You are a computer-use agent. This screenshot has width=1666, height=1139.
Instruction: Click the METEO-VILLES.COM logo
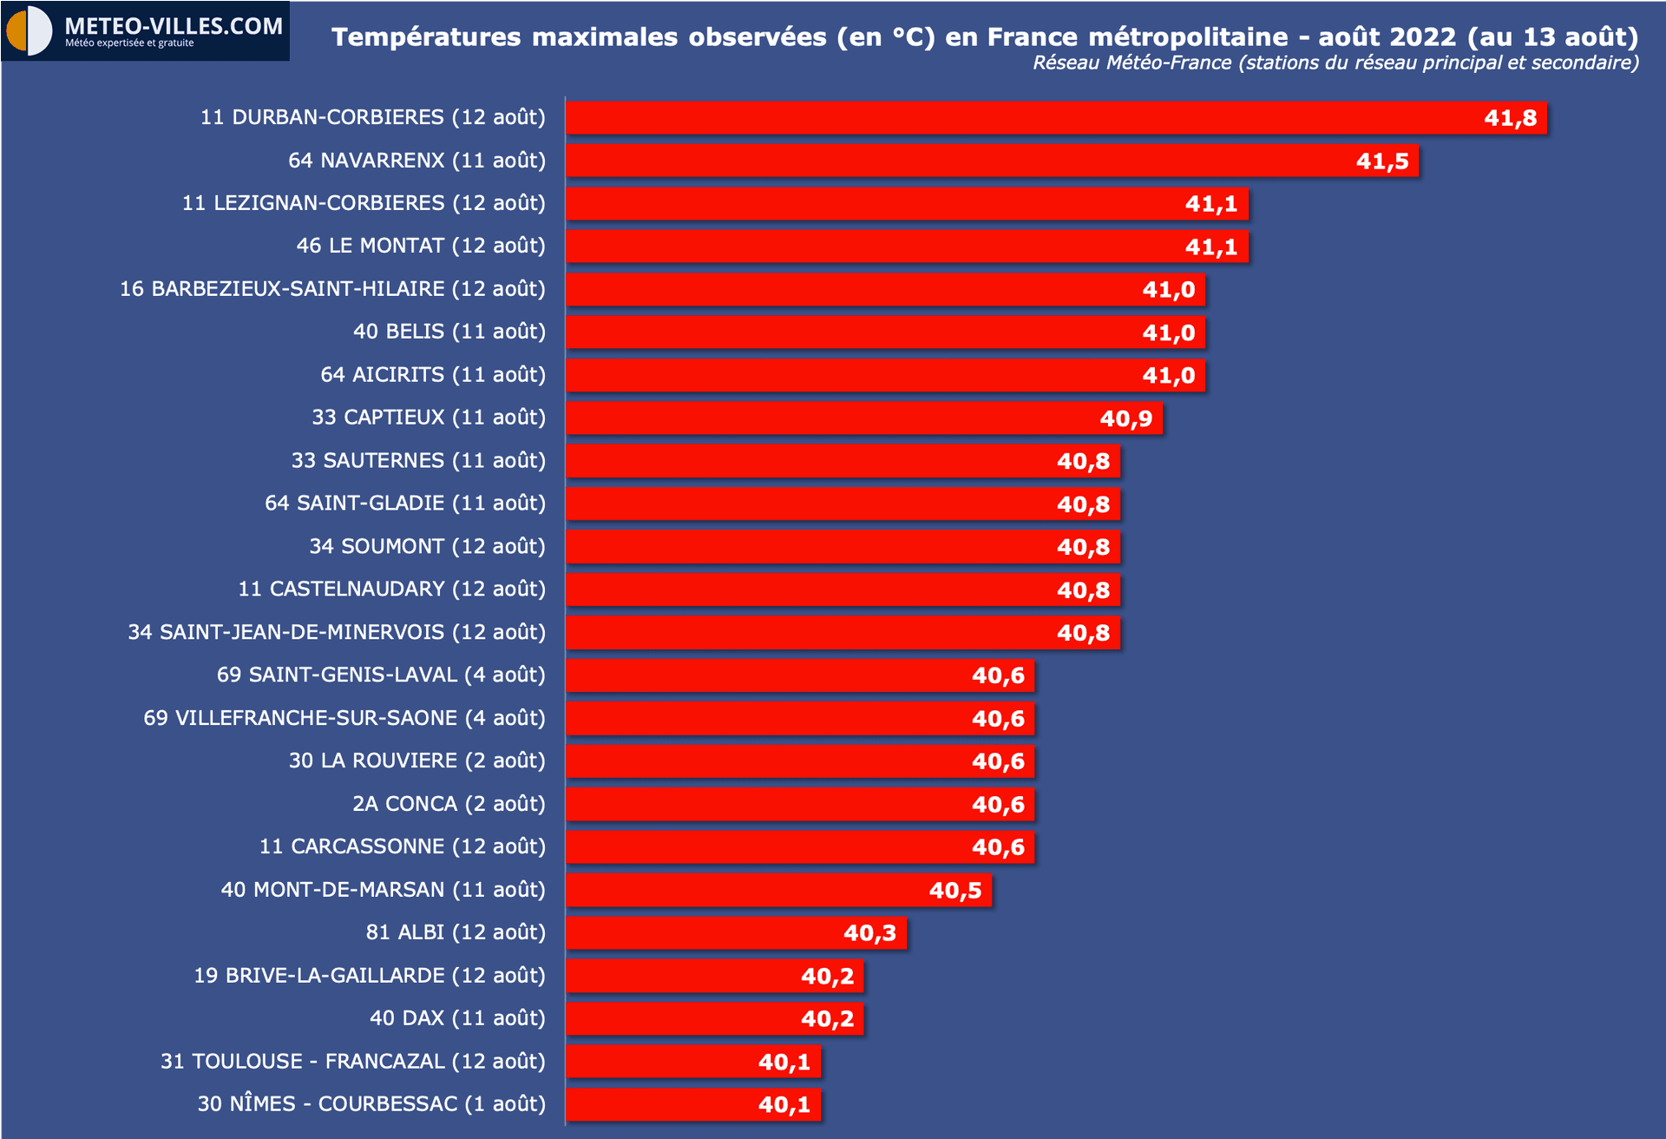tap(145, 30)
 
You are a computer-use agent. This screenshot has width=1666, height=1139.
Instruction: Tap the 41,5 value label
tap(1381, 161)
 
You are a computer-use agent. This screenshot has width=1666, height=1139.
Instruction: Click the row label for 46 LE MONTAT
tap(421, 246)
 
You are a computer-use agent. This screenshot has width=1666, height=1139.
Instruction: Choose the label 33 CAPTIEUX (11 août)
tap(429, 418)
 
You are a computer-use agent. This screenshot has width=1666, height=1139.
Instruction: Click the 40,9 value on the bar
tap(1125, 419)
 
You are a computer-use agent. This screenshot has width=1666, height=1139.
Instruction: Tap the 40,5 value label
tap(954, 891)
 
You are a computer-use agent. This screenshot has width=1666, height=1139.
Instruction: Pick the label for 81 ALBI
tap(456, 932)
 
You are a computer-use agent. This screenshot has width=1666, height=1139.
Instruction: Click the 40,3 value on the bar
tap(869, 933)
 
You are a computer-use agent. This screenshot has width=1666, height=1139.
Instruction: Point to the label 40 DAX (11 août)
tap(457, 1018)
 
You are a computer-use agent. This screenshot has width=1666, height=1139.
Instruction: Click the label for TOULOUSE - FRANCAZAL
tap(352, 1061)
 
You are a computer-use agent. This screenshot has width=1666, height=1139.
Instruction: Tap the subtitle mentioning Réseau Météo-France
tap(1335, 63)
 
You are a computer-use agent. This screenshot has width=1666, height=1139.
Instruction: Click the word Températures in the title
tap(426, 37)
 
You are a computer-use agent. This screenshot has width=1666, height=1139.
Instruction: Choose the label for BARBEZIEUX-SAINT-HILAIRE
tap(332, 289)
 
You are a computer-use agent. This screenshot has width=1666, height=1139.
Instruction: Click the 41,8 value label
tap(1510, 118)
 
